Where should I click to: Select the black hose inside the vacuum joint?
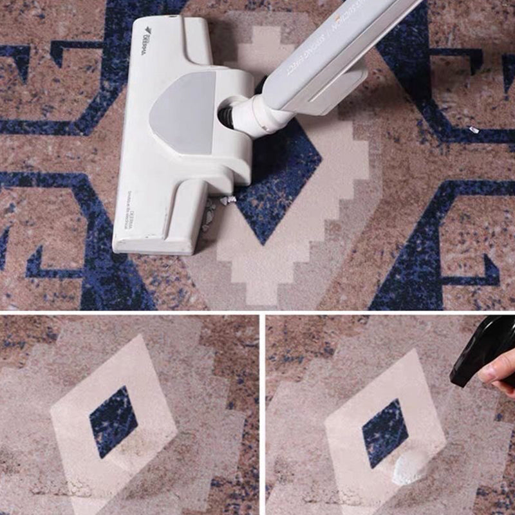tap(227, 116)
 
